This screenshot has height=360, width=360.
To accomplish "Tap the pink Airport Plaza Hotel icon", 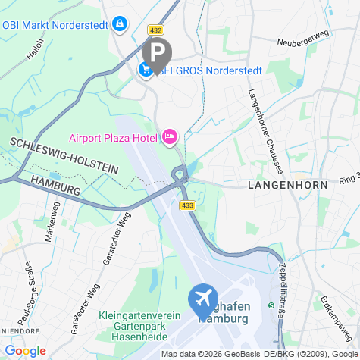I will pos(169,137).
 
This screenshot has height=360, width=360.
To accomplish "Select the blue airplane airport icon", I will pos(203,299).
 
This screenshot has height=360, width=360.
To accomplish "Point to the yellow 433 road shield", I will pos(186,205).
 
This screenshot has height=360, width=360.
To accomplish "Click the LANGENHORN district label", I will pos(287,184).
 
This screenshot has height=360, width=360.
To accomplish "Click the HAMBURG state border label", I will pos(56,184).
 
